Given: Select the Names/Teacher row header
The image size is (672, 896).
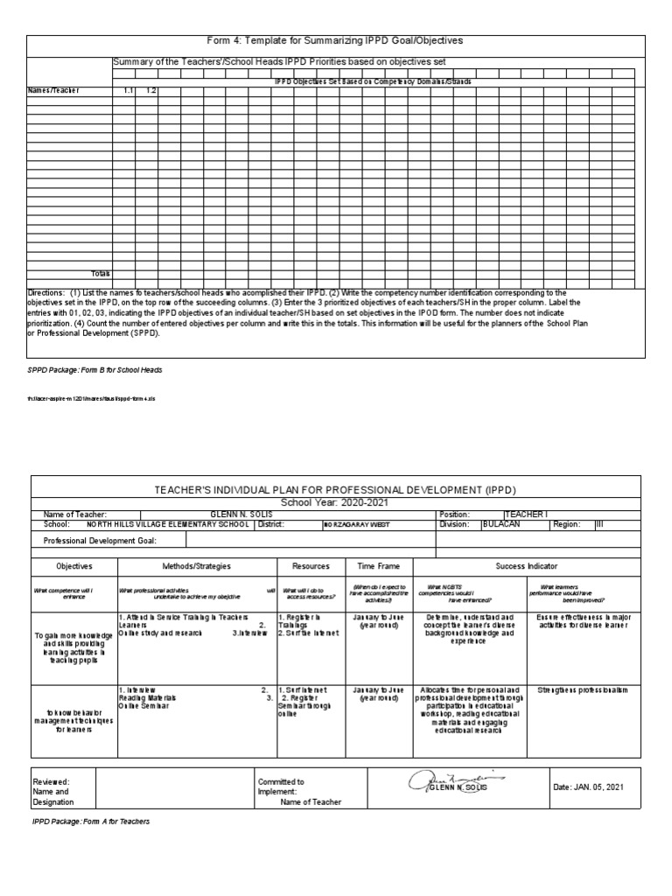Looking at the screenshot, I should coord(53,90).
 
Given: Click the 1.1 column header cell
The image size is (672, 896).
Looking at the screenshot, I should coord(128,90).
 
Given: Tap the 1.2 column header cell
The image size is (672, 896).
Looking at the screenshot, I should coord(150,90).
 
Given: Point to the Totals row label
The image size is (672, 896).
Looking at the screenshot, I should coord(101,274).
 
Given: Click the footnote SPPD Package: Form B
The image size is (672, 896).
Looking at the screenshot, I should coord(94,370).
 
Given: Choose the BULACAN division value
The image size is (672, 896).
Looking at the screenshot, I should coord(502,525).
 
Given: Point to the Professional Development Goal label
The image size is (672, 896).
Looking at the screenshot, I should coord(99,542).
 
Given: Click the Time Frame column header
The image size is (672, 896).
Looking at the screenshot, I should coord(378,566).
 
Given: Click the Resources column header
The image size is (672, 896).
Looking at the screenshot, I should coord(311,566).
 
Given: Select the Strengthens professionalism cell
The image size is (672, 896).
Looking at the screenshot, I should coord(583,666).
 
